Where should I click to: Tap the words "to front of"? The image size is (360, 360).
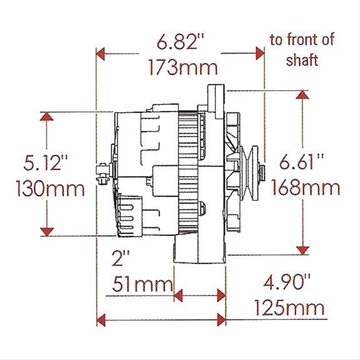(302, 40)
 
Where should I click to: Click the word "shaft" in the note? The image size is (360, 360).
(302, 60)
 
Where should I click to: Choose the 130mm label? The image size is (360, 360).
(44, 188)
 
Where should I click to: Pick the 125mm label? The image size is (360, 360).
(289, 307)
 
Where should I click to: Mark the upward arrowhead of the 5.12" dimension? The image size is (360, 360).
(45, 116)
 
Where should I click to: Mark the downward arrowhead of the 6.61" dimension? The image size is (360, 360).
(303, 250)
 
